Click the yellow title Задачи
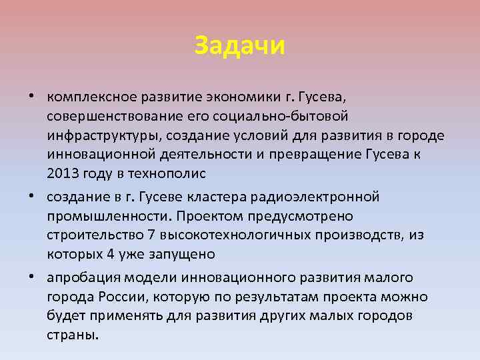tap(240, 45)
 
